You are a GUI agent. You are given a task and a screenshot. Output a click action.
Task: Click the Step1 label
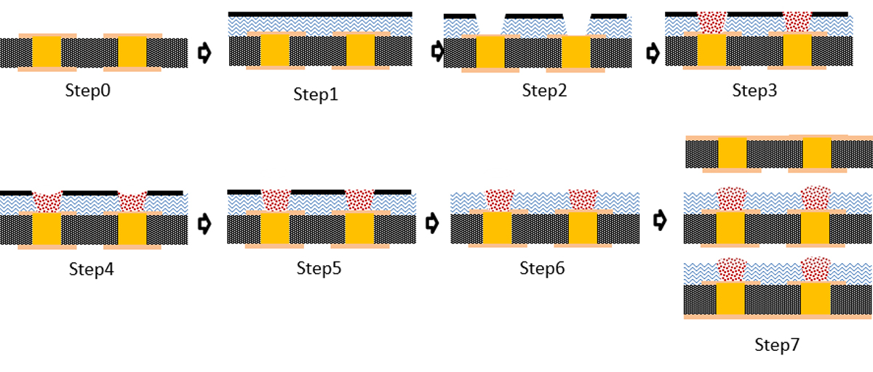(316, 94)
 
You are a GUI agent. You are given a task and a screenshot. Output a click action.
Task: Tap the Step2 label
(544, 91)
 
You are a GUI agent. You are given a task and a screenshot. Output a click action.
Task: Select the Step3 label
(757, 91)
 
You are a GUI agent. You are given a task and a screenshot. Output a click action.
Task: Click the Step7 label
(776, 346)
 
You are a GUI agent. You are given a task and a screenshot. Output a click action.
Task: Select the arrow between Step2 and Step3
(653, 52)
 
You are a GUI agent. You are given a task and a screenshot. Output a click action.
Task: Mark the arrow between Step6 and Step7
(660, 220)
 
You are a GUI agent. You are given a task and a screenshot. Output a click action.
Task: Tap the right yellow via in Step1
(360, 51)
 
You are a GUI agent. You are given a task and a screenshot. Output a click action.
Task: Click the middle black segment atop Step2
(534, 15)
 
